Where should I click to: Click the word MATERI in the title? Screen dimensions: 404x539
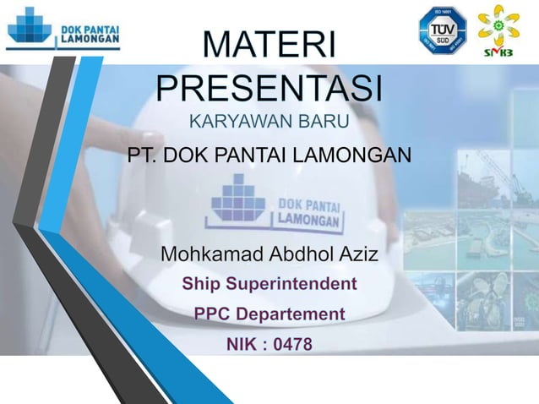tap(269, 46)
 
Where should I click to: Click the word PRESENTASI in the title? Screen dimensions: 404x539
tap(269, 87)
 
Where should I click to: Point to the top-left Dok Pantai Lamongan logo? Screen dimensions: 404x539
tap(64, 31)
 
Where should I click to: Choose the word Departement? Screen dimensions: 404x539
tap(291, 314)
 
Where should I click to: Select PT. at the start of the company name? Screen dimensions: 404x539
tap(141, 156)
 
